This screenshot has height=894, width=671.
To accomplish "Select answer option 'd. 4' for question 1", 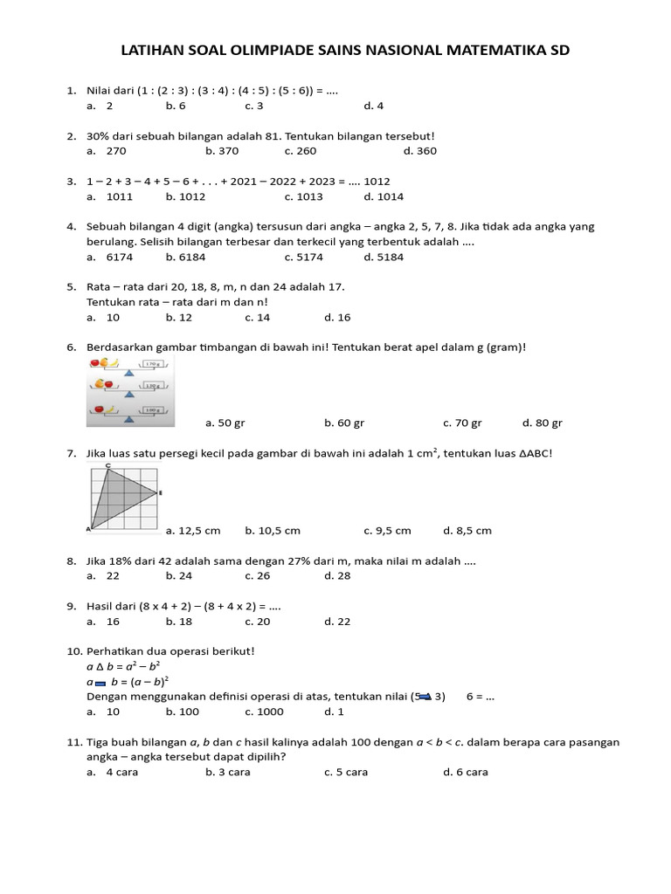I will pos(374,106).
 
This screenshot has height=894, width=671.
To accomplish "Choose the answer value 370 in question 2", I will pos(227,151).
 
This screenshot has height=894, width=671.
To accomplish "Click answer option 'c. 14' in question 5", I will pos(258,318).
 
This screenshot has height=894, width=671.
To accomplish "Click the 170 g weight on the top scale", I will pos(152,364).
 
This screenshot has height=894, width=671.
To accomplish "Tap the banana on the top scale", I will pos(114,362).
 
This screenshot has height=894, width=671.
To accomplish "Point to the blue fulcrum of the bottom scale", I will pos(129,418).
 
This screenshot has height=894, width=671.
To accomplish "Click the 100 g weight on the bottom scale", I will pos(152,409).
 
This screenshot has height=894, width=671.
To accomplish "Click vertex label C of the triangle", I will pos(107,465).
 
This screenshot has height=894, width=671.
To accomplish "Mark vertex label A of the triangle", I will pos(88,529).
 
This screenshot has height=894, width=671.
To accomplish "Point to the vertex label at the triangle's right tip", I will pos(160,493).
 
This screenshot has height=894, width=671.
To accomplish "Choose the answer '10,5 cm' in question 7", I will pos(273,531).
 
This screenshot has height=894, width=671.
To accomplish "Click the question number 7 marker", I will pos(71,454).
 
